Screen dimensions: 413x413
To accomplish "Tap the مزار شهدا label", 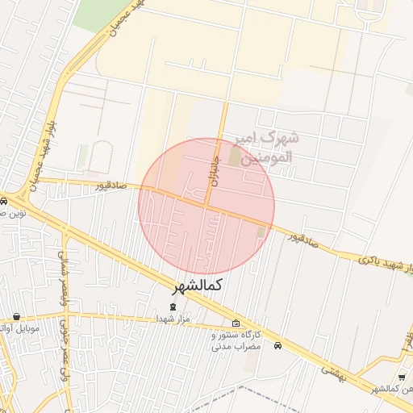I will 172,320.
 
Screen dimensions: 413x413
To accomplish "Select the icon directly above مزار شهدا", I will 171,307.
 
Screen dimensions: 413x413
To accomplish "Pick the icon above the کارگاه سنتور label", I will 236,323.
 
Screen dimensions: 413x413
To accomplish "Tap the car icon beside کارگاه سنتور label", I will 277,346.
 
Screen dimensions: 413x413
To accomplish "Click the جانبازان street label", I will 214,172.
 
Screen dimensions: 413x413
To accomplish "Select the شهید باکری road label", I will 378,262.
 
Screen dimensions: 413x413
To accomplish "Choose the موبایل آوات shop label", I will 16,329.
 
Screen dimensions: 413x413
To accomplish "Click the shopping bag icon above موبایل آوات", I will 17,317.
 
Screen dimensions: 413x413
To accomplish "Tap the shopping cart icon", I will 402,378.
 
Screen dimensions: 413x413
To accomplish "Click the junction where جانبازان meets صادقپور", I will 207,206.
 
